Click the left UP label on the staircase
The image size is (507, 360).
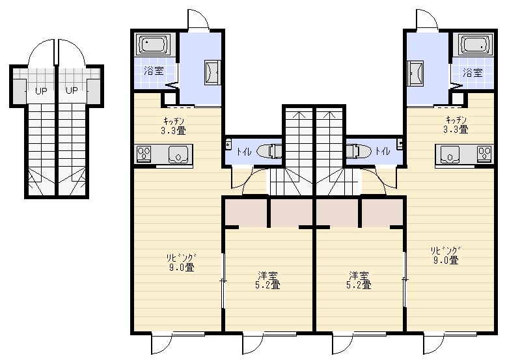41,91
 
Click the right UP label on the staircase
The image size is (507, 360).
72,90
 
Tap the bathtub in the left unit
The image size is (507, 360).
154,44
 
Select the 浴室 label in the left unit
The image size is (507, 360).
154,71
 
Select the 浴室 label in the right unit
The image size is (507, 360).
473,72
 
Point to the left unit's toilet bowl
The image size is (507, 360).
269,151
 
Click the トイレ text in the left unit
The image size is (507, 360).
244,152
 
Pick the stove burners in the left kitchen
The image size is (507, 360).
144,154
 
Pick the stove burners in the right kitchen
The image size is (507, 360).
485,153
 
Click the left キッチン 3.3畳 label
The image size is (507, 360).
174,126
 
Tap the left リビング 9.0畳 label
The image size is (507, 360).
182,262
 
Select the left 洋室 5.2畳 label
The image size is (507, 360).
267,280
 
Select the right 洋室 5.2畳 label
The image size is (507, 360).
359,280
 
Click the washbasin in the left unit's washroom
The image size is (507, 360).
212,73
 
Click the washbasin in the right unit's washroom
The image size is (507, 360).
415,73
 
